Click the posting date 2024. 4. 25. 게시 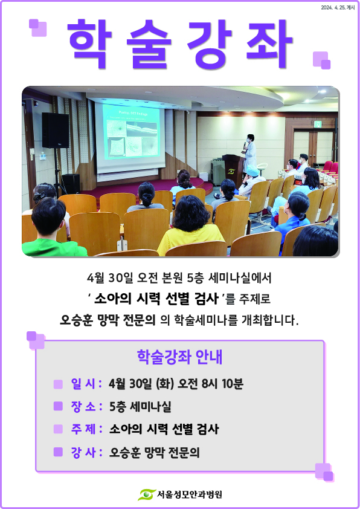point(338,7)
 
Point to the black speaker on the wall point(56,130)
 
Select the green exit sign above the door point(318,124)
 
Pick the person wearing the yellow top point(190,225)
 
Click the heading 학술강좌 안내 point(179,357)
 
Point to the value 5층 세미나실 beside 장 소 point(140,406)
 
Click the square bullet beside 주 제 point(58,429)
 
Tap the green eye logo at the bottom point(146,494)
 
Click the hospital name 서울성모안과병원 point(190,494)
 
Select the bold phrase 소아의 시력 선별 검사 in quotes point(156,299)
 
